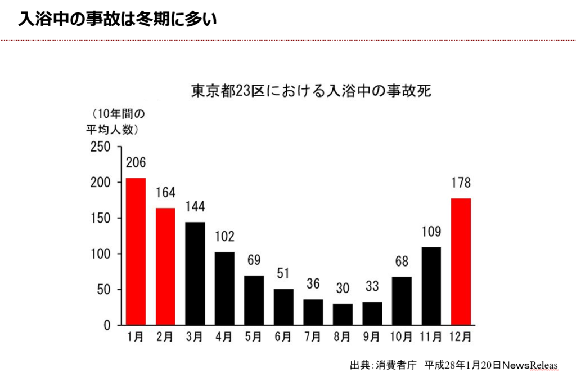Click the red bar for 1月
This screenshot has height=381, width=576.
coord(136,251)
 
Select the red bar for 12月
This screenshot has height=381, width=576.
coord(460,262)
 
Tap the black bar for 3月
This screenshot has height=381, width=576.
coord(195,273)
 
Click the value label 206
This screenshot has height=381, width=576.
coord(136,163)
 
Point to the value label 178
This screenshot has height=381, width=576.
coord(460,183)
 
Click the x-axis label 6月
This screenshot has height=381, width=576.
coord(283,337)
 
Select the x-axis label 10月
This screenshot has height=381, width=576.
coord(401,337)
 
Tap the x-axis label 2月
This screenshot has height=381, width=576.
coord(165,337)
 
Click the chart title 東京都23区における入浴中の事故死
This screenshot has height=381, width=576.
coord(311,91)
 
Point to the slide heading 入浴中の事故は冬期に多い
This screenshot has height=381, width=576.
coord(117,19)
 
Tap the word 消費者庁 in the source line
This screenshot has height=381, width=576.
coord(396,365)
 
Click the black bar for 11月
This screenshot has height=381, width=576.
coord(431,286)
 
